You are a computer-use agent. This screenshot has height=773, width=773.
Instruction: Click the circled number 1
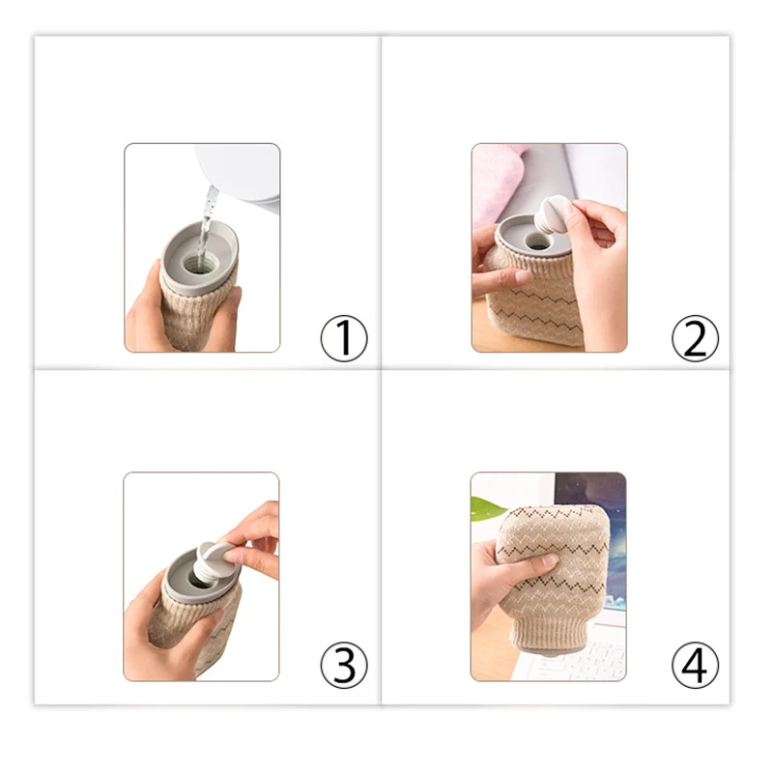coord(344,339)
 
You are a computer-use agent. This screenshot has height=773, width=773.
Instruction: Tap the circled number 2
coord(695,339)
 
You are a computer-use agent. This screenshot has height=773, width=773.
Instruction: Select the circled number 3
coord(344,665)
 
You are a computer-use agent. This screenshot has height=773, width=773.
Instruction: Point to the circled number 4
coord(695,665)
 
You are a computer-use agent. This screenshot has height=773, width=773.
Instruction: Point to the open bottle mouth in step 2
coord(536,241)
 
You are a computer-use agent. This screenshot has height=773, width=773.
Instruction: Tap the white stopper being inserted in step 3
coord(212,558)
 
